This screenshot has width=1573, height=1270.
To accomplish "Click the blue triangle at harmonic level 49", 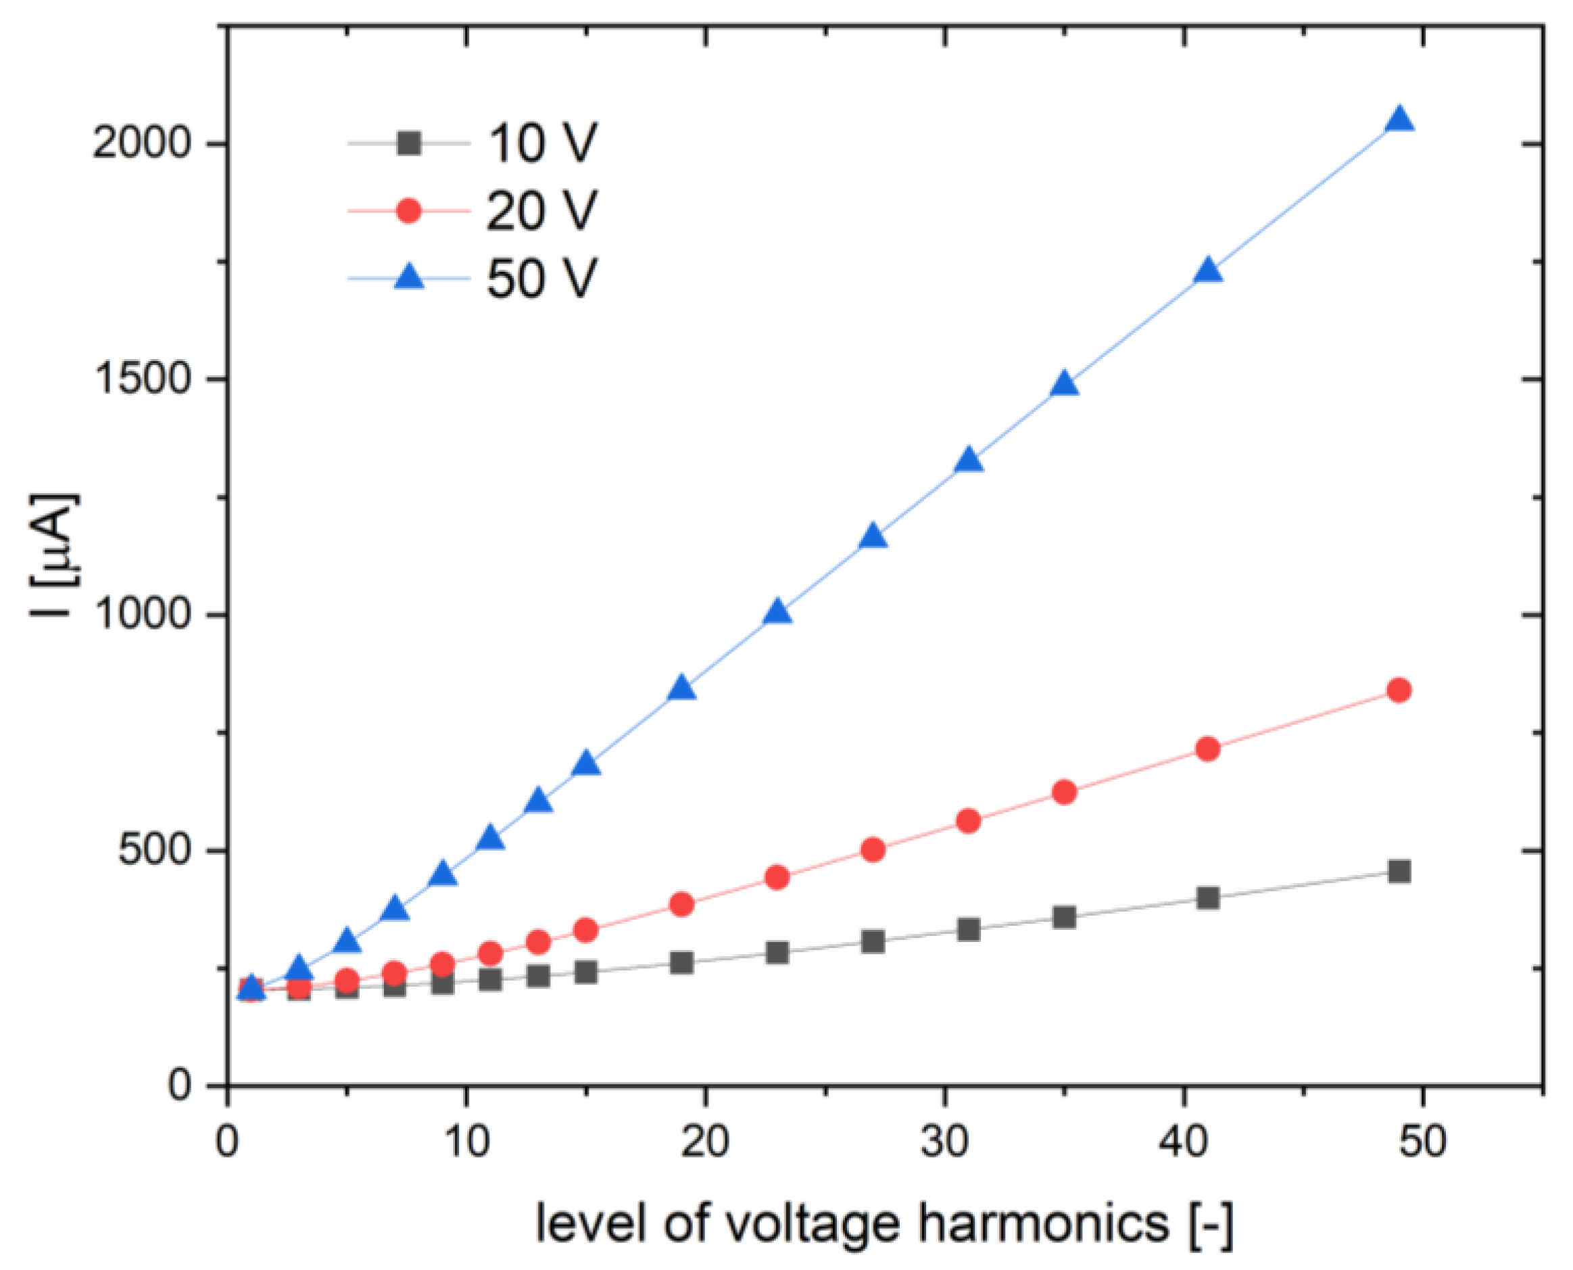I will [1399, 118].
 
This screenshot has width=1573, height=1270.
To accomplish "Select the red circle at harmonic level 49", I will [1399, 690].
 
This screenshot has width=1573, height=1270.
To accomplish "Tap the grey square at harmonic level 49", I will [1399, 870].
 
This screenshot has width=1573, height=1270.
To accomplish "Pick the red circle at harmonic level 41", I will [1208, 749].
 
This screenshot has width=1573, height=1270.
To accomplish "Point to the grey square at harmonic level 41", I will [1208, 897].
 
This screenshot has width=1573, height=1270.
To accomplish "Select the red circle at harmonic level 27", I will [873, 849].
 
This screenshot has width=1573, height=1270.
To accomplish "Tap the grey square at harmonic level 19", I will [681, 963].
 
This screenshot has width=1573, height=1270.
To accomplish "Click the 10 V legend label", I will [542, 143].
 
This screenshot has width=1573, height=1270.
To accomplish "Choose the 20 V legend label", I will [542, 212].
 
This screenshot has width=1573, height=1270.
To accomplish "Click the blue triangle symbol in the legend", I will [409, 278].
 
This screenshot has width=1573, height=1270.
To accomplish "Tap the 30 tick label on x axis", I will [944, 1142].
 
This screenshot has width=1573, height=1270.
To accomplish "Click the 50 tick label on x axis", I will [1422, 1142].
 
